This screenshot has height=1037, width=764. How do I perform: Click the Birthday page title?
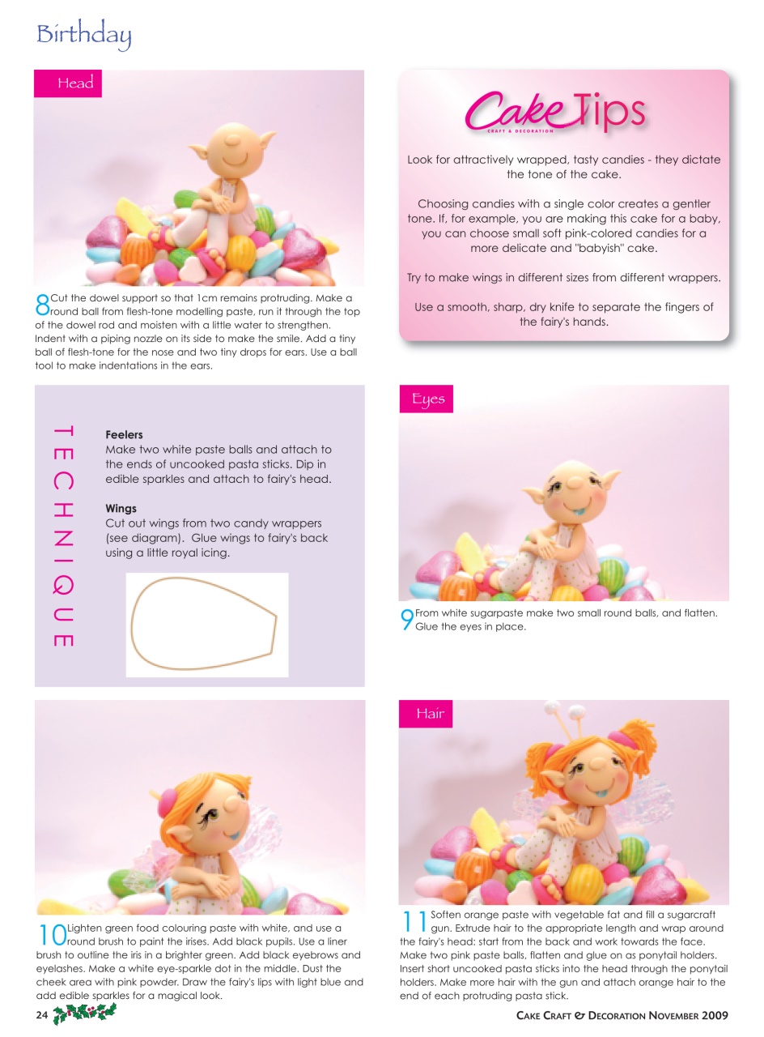83,35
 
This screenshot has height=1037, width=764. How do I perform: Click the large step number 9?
406,620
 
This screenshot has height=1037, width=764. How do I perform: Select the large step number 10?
52,934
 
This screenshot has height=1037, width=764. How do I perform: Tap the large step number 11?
414,921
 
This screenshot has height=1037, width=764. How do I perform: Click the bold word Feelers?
124,435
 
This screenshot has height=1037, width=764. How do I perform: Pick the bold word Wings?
121,509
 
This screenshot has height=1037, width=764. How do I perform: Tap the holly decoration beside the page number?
84,1013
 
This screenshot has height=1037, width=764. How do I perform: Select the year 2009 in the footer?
715,1015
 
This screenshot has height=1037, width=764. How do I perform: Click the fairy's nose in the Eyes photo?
571,483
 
